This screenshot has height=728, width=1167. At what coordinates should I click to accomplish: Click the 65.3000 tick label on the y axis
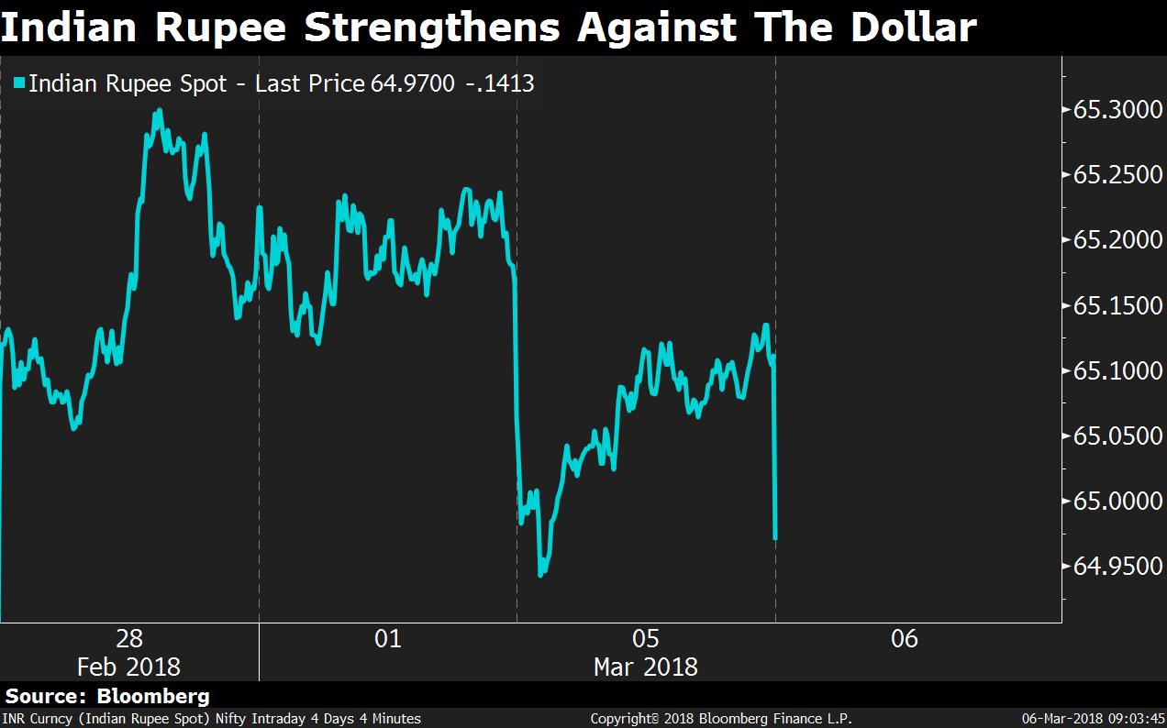1111,110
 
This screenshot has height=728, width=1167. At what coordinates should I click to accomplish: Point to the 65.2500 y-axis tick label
1111,175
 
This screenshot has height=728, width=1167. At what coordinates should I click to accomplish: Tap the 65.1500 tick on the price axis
1111,305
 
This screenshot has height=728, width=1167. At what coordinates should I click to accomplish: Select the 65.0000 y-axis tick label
1111,502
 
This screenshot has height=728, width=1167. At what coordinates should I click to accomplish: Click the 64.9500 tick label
1111,567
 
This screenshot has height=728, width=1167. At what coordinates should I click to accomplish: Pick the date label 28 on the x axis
129,638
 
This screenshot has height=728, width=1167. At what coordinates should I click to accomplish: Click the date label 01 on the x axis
388,638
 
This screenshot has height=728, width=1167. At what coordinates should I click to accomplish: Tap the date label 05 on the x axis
646,638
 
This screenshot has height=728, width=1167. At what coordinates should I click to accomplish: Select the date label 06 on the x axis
905,638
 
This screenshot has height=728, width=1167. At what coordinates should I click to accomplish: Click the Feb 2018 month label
129,667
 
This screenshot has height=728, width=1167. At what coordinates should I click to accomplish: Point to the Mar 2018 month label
646,667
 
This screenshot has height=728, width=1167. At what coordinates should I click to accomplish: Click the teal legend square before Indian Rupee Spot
19,84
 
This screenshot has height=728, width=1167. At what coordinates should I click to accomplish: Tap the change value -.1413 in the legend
502,84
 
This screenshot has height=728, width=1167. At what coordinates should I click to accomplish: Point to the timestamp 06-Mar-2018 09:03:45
1094,719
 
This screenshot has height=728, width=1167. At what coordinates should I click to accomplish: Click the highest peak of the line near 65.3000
160,111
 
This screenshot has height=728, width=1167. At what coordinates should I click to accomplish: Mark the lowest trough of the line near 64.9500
540,575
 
